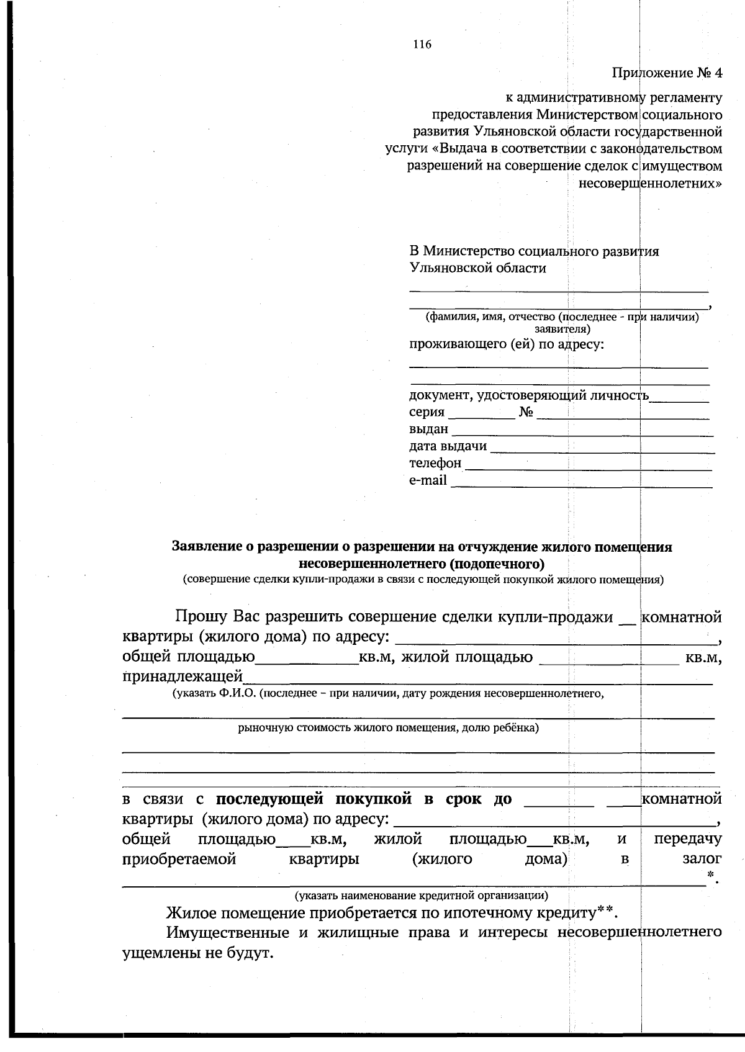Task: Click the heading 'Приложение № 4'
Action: click(x=667, y=73)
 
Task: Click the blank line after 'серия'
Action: click(x=481, y=413)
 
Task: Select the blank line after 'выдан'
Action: click(x=582, y=430)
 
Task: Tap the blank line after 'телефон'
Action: click(x=588, y=464)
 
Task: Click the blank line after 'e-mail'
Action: click(x=581, y=482)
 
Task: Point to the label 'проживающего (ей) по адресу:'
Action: click(x=506, y=344)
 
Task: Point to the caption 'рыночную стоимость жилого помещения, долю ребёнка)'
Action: click(x=388, y=727)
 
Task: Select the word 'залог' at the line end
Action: click(x=702, y=859)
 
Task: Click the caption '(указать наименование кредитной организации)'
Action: click(x=421, y=895)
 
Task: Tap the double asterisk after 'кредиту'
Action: click(x=605, y=911)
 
